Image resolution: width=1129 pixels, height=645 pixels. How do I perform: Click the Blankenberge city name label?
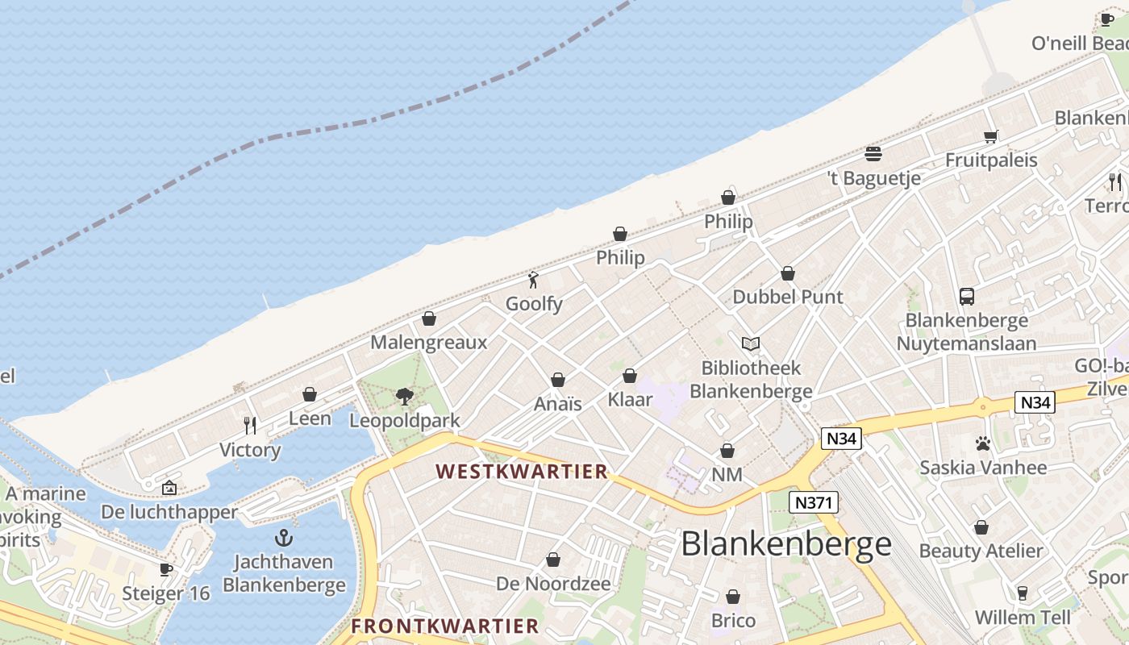point(786,544)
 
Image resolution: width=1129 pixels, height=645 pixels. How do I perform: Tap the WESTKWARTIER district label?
point(522,472)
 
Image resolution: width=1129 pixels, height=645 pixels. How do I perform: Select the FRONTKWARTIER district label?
point(445,626)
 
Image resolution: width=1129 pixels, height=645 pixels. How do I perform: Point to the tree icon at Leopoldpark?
point(405,396)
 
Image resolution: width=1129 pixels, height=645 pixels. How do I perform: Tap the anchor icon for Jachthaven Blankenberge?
point(283,538)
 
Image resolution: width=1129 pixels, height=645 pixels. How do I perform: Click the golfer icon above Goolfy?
point(533,281)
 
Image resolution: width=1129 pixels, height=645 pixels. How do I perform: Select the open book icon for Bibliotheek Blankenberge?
point(751,344)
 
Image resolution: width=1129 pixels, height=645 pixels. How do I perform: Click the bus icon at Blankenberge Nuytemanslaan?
point(967,297)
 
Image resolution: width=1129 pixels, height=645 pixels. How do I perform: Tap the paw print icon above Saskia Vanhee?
point(982,443)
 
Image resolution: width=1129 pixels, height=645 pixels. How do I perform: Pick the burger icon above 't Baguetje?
point(873,153)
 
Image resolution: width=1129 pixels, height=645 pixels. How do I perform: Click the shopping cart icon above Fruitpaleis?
point(991,136)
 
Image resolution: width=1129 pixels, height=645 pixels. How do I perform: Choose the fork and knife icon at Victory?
point(250,425)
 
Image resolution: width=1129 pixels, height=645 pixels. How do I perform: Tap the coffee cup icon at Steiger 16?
point(166,569)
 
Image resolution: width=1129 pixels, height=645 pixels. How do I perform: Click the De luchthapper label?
point(169,512)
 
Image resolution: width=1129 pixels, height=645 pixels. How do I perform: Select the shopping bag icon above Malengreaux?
point(429,319)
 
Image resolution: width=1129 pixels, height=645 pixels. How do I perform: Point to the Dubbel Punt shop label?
point(788,297)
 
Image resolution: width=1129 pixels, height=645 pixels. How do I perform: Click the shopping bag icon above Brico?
point(733,597)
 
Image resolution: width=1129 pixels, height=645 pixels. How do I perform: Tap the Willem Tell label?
point(1023,618)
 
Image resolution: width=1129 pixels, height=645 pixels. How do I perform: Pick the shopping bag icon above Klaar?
point(630,376)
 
